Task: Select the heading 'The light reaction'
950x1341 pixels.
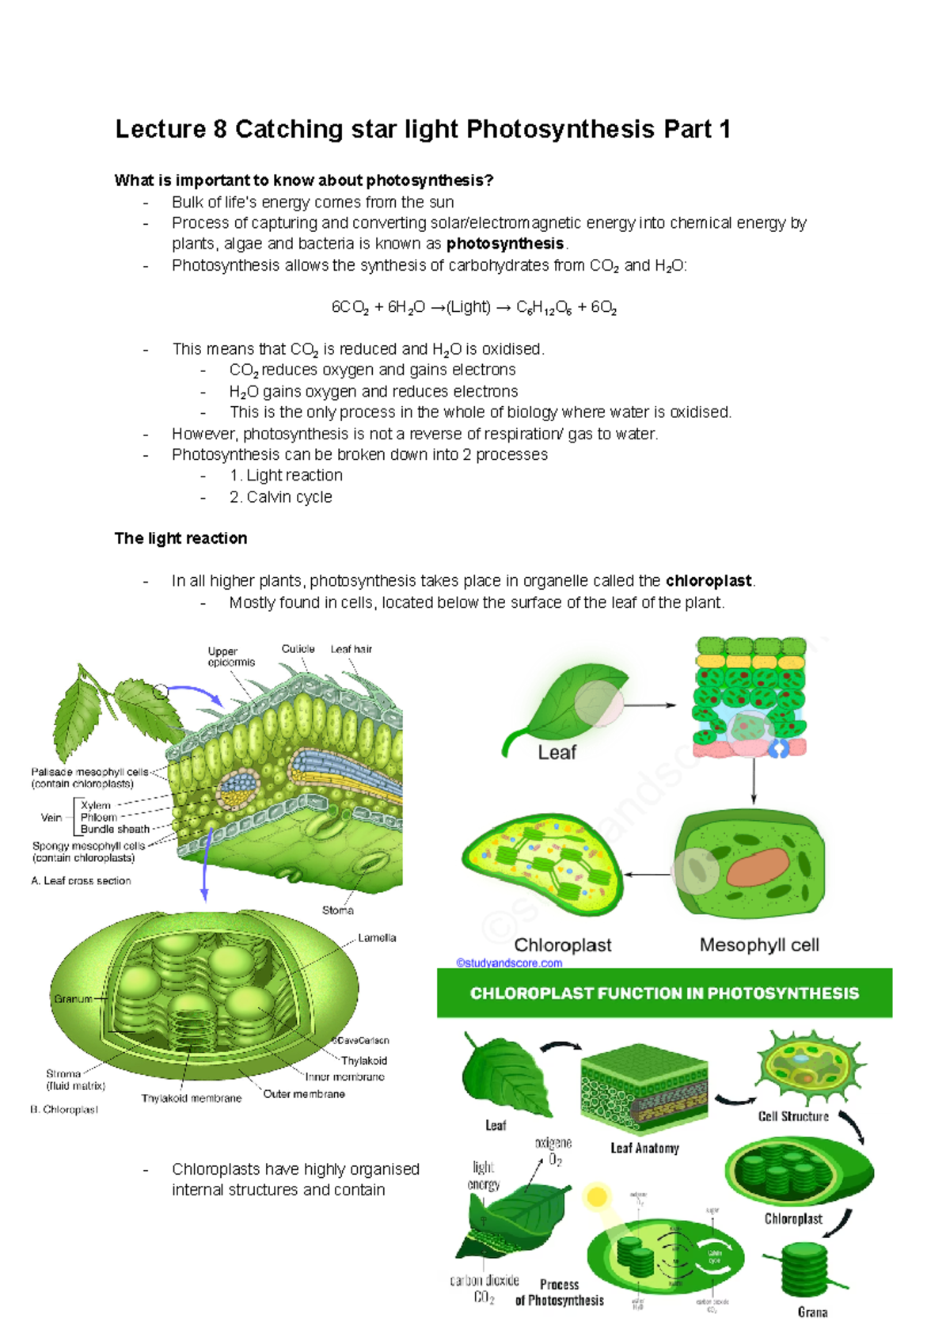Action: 180,538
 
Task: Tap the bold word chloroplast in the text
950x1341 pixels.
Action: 709,581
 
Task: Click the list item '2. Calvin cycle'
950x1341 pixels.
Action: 280,497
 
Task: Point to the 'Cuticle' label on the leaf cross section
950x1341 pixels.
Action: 298,648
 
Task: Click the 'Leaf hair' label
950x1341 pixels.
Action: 351,649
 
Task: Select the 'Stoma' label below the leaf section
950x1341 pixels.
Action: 337,910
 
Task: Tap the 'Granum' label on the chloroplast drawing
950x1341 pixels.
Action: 73,999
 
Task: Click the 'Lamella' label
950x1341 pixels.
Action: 377,938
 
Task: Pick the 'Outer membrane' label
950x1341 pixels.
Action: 304,1094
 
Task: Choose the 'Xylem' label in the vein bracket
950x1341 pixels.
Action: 96,805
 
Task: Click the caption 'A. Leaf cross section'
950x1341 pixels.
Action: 81,880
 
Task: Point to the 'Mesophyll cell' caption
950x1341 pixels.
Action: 758,945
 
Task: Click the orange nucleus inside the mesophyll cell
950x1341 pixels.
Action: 758,867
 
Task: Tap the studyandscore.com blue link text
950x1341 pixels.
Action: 509,963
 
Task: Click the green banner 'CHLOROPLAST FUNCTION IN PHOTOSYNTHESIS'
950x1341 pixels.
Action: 664,993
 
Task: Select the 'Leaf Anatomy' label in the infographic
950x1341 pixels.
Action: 644,1148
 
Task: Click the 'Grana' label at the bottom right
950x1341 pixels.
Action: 812,1312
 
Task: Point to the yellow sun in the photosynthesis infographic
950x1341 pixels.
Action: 596,1197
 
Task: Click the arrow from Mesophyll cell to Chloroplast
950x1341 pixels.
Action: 648,875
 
